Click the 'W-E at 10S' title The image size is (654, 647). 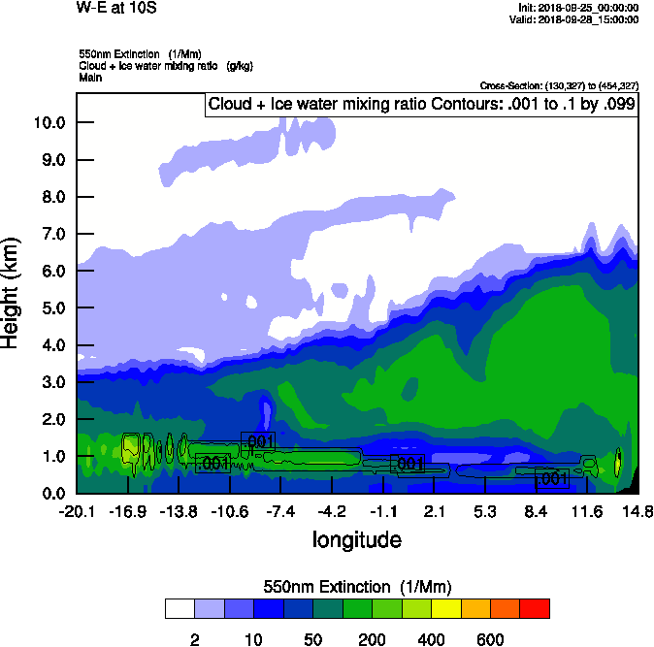115,9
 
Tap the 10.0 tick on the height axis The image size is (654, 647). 47,122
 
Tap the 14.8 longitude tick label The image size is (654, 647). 638,511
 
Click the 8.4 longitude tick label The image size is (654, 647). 536,511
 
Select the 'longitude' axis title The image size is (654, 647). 356,539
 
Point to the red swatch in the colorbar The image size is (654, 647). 535,608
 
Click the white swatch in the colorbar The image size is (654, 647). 180,608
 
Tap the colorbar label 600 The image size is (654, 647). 490,639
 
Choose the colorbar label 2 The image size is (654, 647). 194,639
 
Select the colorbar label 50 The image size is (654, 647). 312,639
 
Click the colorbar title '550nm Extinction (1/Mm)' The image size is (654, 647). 356,587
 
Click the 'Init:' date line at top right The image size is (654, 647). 575,8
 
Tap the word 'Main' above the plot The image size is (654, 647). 91,77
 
